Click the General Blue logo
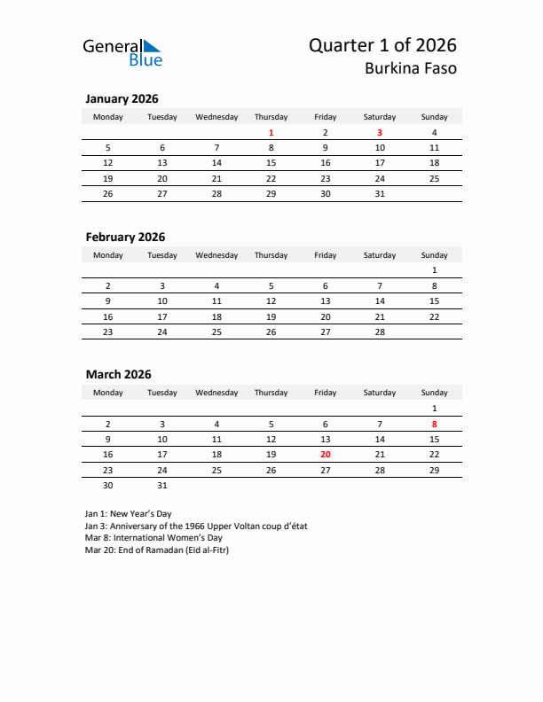click(122, 52)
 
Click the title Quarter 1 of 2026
click(383, 45)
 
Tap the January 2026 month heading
click(122, 99)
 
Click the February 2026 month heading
click(125, 237)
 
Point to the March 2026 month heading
click(118, 374)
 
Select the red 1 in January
click(271, 133)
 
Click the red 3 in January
click(380, 133)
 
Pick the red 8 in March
click(434, 425)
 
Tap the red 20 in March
click(325, 454)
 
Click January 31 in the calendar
click(380, 193)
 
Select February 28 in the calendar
click(380, 331)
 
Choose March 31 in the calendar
click(162, 485)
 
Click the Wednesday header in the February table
click(216, 255)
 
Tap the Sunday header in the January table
click(434, 117)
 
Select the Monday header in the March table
click(108, 393)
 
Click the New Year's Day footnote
click(128, 514)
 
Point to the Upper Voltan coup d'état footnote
click(196, 526)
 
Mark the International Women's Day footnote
click(153, 538)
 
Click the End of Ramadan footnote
click(156, 550)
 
